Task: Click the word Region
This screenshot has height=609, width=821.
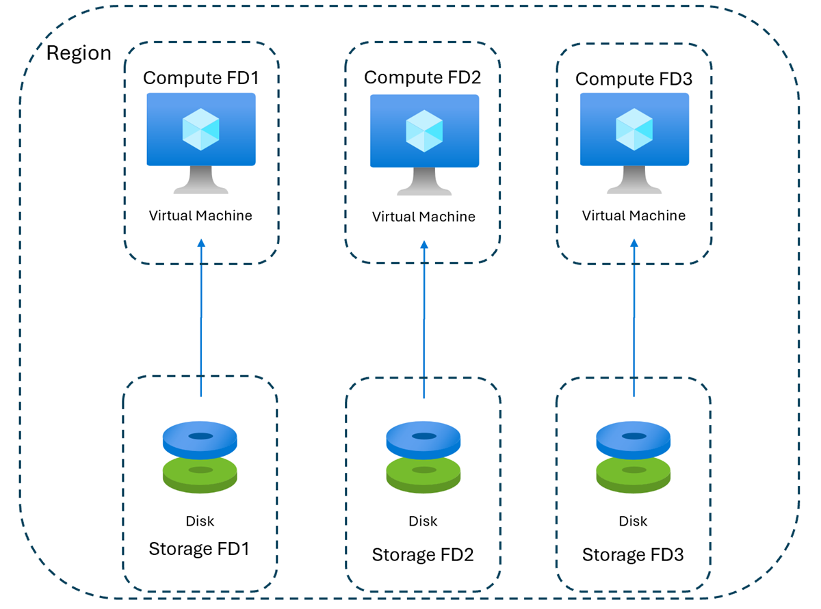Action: click(79, 53)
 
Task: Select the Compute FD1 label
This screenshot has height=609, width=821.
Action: click(201, 77)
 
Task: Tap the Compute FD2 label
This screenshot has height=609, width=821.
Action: click(422, 77)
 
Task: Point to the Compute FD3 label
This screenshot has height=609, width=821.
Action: click(634, 79)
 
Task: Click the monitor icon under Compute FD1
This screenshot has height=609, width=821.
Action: click(201, 141)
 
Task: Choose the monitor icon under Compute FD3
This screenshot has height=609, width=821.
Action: click(634, 142)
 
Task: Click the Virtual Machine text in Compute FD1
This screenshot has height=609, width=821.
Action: click(201, 216)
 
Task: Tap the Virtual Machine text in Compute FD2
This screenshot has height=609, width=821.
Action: click(423, 217)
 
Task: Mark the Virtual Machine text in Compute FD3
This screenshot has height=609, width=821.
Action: click(634, 216)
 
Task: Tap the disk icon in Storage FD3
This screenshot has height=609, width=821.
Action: click(632, 457)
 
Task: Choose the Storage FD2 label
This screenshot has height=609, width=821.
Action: click(423, 554)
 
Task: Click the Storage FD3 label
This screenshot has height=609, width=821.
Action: click(633, 554)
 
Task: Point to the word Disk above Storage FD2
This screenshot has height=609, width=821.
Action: click(423, 522)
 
